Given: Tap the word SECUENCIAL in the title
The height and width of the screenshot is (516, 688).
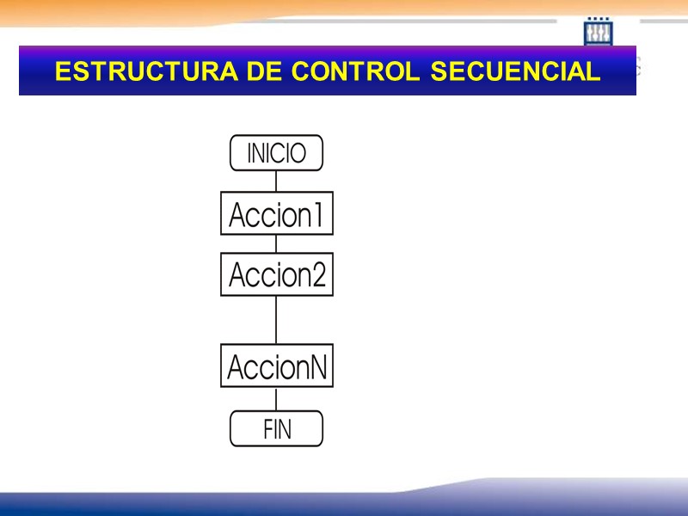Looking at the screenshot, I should coord(514,72).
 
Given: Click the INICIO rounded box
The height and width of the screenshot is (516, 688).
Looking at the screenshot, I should coord(276,153).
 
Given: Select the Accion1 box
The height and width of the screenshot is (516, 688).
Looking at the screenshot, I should coord(276,213).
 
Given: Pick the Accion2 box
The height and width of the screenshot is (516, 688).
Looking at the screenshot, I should coord(276,274).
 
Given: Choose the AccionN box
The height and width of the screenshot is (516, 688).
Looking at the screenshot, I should coord(276,366).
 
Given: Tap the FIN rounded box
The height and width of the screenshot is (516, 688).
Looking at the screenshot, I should coord(276,428).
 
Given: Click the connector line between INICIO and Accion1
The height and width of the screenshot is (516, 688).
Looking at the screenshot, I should coord(276,181).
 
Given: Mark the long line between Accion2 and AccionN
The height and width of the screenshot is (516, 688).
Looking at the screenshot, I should coord(276,320).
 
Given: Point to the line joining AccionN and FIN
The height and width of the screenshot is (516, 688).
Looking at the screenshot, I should coord(276,399).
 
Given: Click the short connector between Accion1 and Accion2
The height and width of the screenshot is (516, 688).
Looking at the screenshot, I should coord(276,243).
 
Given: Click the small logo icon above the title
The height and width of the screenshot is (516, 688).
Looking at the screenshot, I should coord(598,32).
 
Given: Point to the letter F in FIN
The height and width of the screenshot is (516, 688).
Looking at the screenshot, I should coord(267,429).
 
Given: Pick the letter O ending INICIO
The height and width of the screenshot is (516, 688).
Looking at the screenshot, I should coord(298,154).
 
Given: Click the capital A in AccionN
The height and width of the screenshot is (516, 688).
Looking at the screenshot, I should coord(236,367).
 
